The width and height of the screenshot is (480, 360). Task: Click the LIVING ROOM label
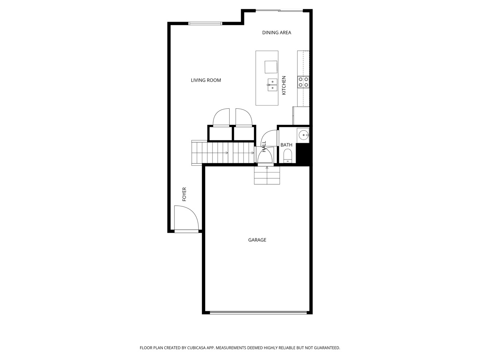coord(206,80)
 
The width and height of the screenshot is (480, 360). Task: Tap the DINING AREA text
coord(276,32)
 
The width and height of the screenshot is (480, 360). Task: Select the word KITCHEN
coord(284,85)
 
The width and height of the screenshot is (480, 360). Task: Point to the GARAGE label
coord(257,240)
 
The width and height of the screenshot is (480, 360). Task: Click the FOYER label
coord(184,194)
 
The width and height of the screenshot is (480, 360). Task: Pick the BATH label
coord(286,145)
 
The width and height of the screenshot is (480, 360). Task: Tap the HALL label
coord(264,146)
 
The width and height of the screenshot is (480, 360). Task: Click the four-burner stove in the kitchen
coord(303,82)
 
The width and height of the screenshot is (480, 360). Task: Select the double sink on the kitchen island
coord(272,85)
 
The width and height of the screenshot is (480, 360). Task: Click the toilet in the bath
coord(288,156)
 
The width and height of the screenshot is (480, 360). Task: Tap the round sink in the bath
coord(303,134)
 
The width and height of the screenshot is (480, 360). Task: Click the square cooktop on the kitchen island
coord(270,67)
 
